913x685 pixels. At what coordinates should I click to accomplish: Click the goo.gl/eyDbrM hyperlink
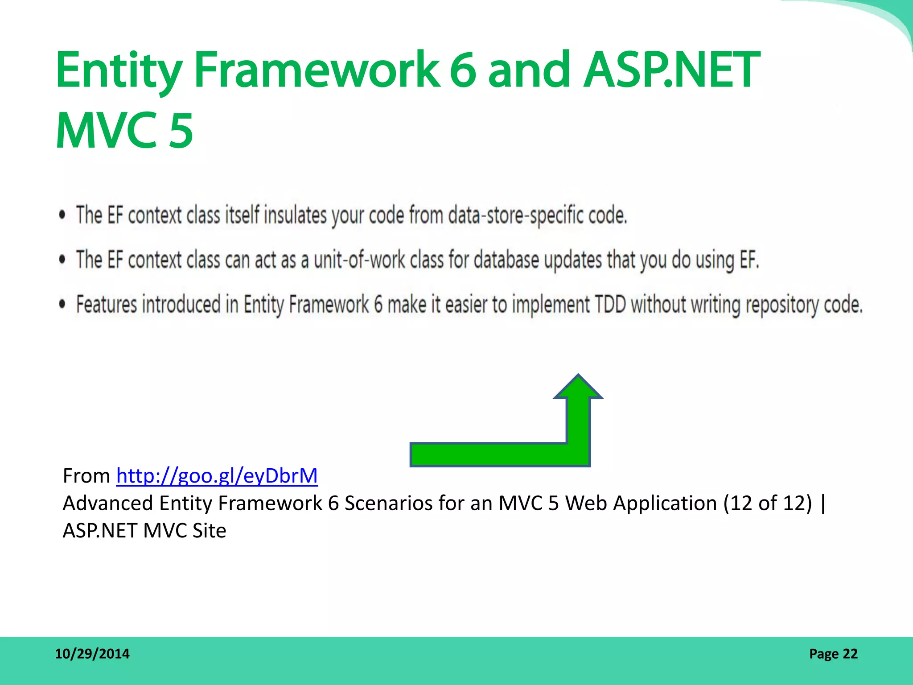[x=217, y=476]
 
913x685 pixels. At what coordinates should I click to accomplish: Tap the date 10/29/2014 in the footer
[x=92, y=654]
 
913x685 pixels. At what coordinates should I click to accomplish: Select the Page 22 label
[x=833, y=654]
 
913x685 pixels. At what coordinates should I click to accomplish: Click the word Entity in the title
[x=119, y=70]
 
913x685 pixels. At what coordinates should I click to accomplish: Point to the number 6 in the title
[x=463, y=70]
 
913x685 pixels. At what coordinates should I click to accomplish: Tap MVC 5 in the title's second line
[x=124, y=130]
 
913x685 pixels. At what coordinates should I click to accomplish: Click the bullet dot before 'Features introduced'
[x=62, y=304]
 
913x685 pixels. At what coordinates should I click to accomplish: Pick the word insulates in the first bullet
[x=296, y=215]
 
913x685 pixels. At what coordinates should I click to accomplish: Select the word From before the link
[x=86, y=476]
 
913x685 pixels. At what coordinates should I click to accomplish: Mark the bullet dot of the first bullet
[x=62, y=215]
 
